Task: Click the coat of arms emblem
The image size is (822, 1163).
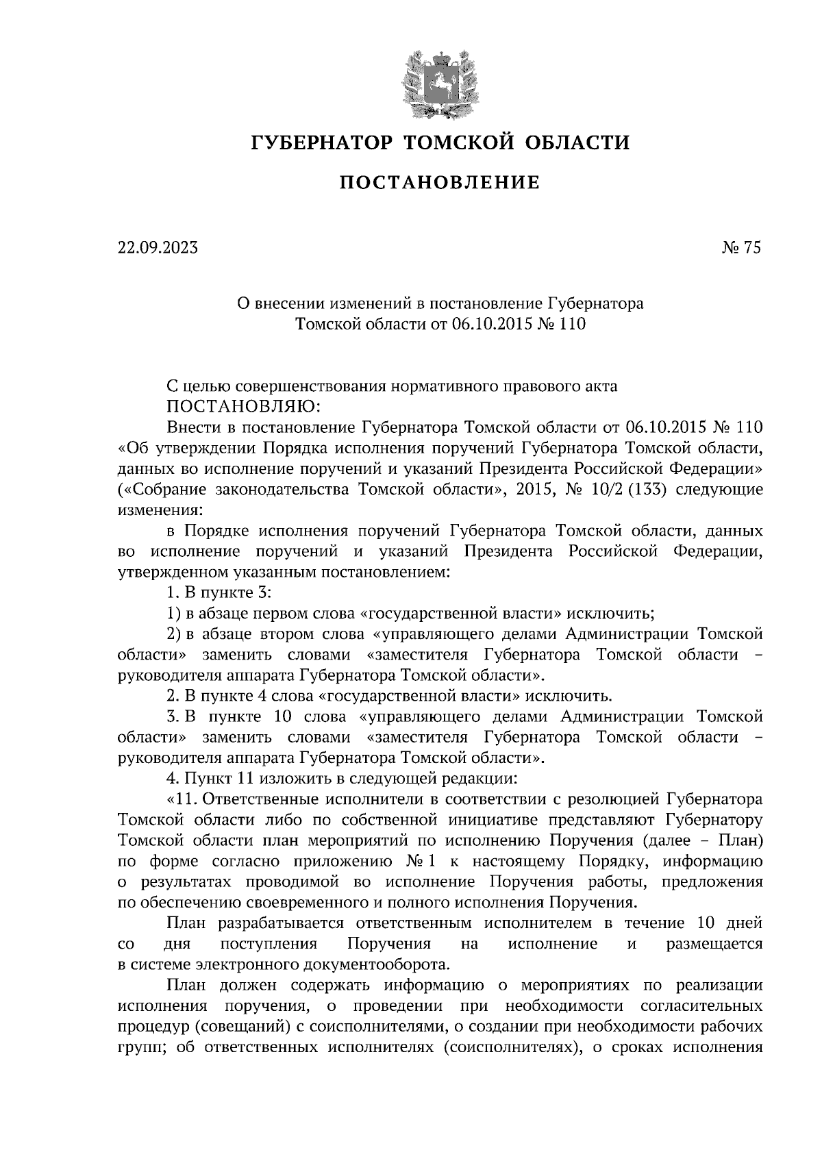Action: coord(438,82)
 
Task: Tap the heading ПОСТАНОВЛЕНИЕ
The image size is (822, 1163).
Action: coord(440,182)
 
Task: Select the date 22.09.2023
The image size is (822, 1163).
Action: coord(157,248)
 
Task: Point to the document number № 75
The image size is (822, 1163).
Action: coord(741,248)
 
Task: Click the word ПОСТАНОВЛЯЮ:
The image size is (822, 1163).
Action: coord(243,407)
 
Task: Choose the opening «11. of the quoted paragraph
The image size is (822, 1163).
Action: coord(183,799)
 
